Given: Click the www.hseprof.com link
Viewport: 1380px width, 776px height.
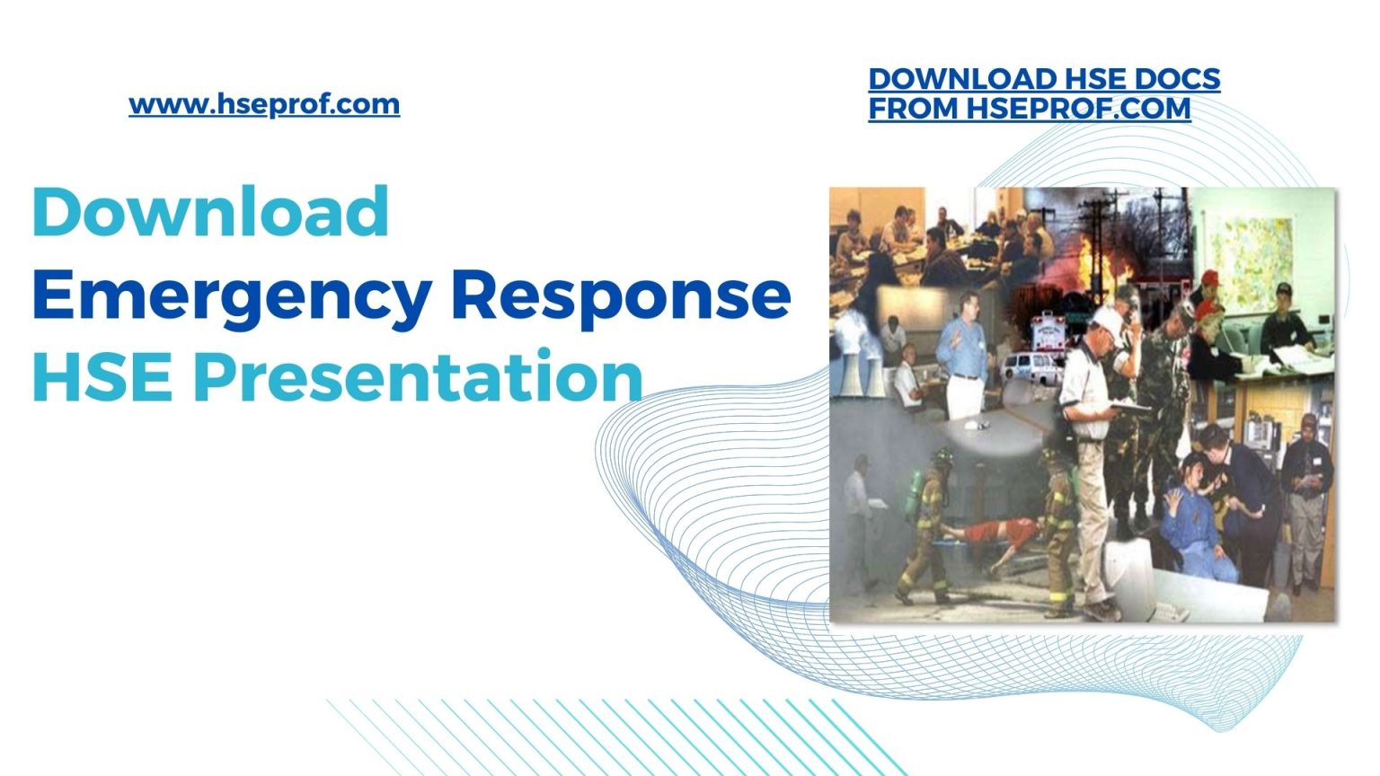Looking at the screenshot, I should tap(264, 104).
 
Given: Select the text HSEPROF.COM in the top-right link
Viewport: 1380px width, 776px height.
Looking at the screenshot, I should tap(1078, 109).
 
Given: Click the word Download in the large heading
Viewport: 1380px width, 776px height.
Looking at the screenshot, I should tap(211, 212).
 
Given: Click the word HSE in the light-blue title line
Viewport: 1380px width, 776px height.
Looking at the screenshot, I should tap(102, 377).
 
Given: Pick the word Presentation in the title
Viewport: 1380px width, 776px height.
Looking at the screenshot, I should tap(419, 377).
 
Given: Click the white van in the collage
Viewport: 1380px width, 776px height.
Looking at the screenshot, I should tap(1029, 365).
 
